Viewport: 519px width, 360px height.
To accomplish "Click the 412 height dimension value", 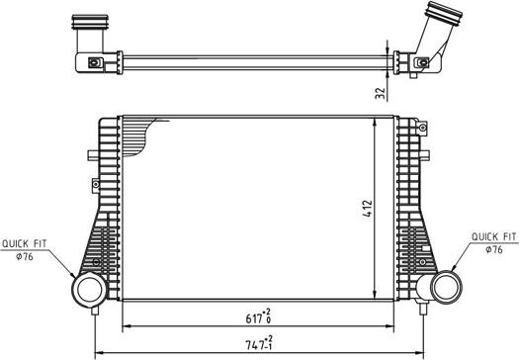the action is [x=366, y=208].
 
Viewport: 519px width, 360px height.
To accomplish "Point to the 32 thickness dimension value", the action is [x=380, y=95].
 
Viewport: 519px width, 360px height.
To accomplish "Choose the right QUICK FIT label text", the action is [x=492, y=237].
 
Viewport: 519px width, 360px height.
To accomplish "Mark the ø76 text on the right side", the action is [x=494, y=249].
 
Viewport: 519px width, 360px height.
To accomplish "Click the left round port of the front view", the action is [x=87, y=289].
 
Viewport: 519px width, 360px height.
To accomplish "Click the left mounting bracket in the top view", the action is [x=94, y=63].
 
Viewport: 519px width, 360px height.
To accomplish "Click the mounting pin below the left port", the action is [x=96, y=311].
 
